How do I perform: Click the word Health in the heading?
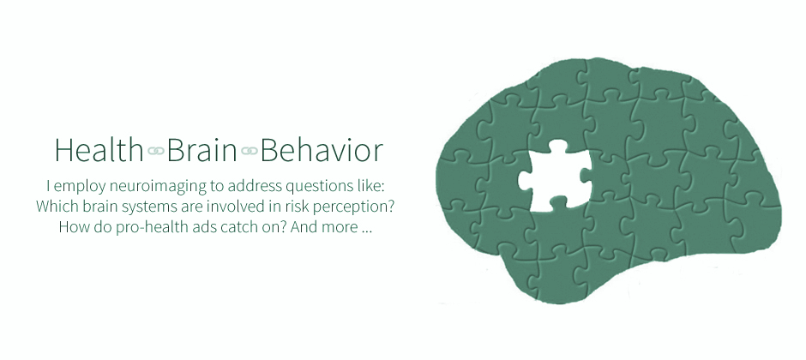(99, 150)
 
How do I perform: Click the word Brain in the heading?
(201, 150)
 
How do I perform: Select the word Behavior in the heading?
(322, 150)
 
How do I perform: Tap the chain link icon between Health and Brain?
(155, 151)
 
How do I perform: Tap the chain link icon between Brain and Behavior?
(249, 151)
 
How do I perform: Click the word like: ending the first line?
(371, 186)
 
